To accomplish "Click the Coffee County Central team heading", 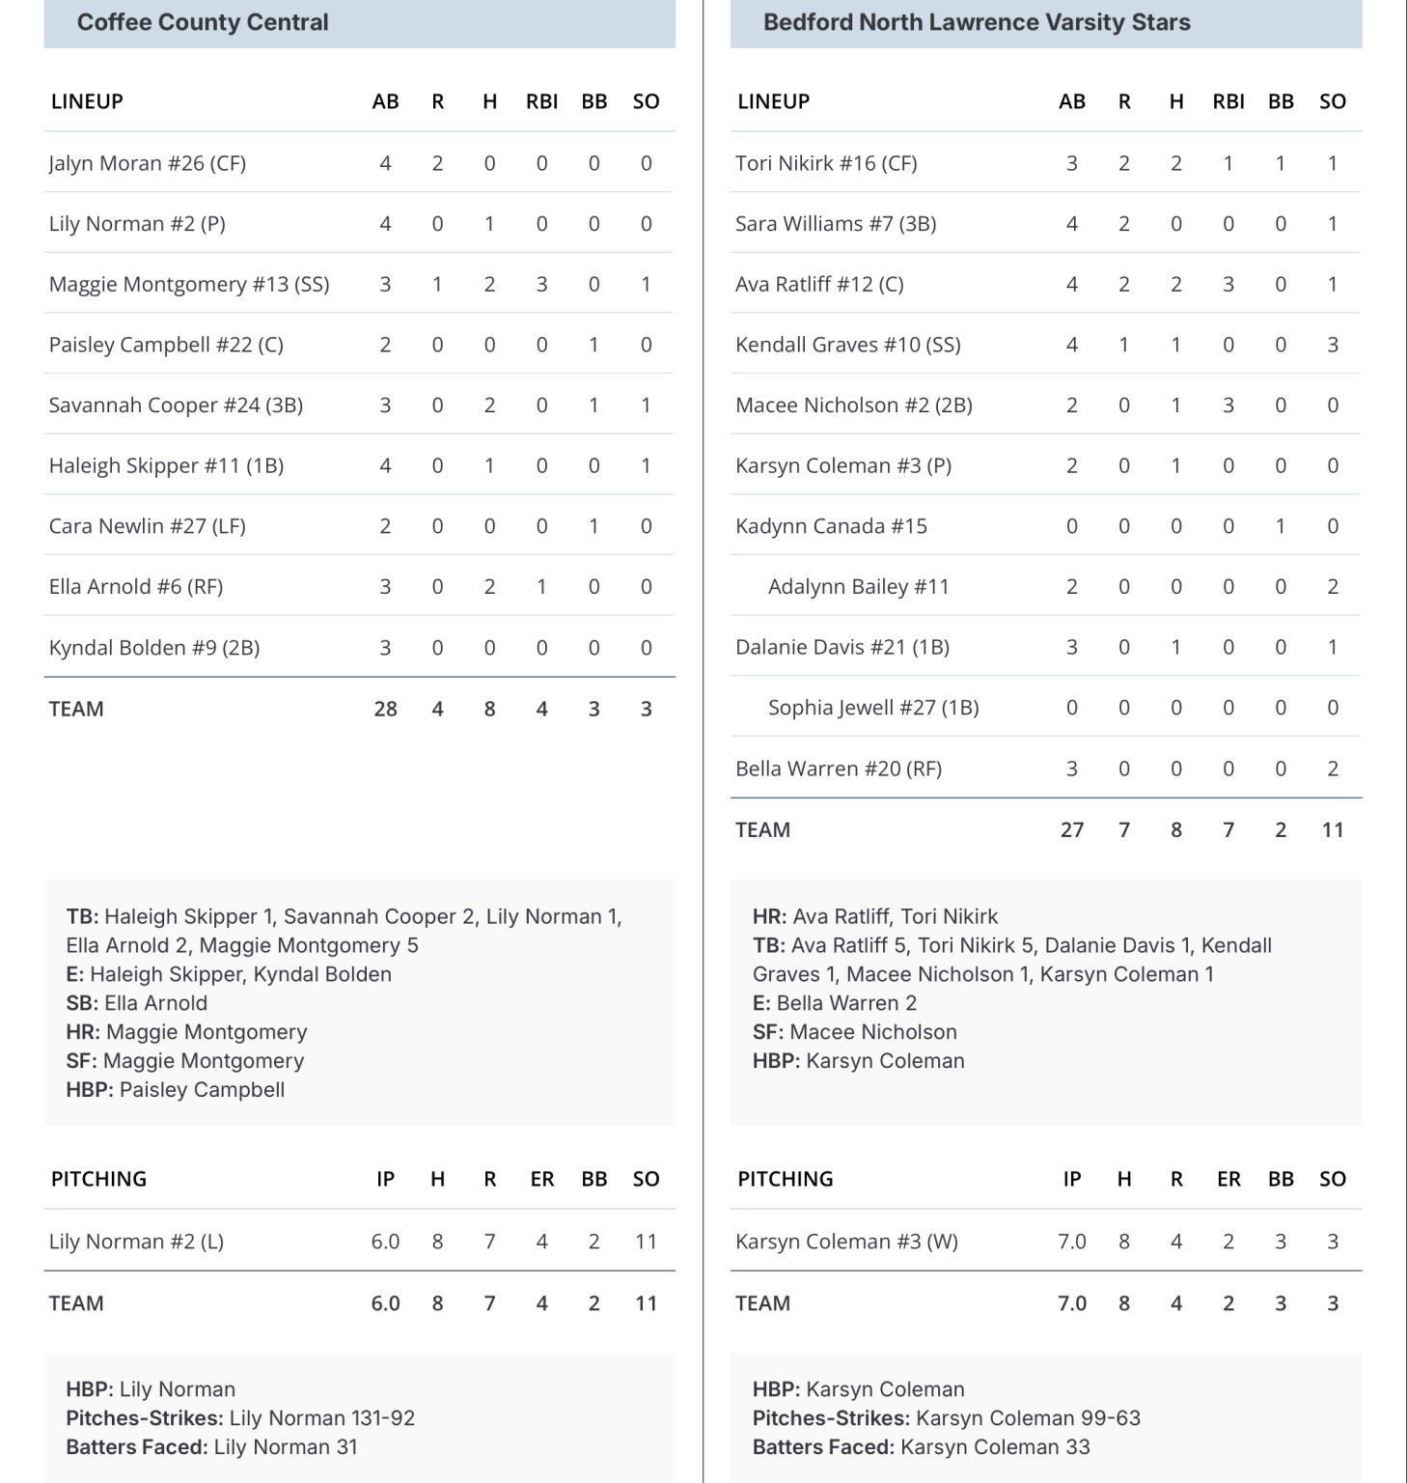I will (203, 22).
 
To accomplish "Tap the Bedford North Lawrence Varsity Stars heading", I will (977, 22).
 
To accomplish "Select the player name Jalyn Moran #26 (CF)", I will (148, 163).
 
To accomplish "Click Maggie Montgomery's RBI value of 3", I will (541, 284).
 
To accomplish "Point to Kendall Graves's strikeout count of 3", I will (1332, 345).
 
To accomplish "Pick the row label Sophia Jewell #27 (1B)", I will (872, 708).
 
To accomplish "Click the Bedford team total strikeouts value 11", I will (1332, 829).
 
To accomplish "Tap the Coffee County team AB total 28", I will (385, 709).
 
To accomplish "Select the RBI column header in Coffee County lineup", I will (541, 101).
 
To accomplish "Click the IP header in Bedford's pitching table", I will (1071, 1179).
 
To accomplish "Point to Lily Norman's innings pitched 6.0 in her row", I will (385, 1242).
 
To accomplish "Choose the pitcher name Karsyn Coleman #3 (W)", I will (846, 1242).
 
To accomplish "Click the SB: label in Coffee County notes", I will (82, 1003).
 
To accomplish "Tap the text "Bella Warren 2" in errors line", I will (846, 1003).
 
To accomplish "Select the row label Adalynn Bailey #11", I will (858, 586).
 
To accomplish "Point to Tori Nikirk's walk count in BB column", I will (1280, 163).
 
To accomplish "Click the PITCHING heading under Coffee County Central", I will (98, 1179).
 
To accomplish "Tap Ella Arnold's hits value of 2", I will (489, 586).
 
